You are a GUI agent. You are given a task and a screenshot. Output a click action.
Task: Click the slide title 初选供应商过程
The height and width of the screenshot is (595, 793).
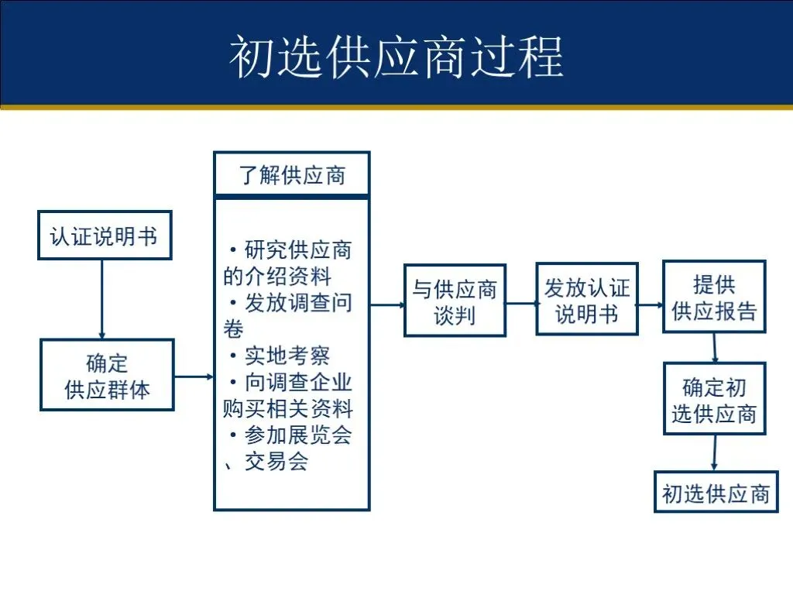(396, 55)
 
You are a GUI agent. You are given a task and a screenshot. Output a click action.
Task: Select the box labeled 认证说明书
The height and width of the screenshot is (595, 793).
(105, 235)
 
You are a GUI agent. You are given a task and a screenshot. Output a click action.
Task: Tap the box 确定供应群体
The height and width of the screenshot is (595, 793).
(107, 375)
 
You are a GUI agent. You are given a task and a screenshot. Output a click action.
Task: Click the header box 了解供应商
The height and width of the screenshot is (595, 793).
(292, 174)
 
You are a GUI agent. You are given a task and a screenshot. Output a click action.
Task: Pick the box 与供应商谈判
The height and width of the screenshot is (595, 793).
(455, 301)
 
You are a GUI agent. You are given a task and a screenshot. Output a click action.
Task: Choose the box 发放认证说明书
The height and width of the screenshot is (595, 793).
(587, 299)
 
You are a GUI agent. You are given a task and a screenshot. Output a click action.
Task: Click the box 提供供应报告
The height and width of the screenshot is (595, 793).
(714, 297)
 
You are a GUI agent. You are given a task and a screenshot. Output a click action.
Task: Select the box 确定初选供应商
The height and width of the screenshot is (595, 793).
(714, 398)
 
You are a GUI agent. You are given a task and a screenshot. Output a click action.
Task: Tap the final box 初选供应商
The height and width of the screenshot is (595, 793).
(714, 491)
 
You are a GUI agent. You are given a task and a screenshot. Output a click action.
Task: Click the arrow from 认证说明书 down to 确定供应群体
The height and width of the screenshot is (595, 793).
(101, 298)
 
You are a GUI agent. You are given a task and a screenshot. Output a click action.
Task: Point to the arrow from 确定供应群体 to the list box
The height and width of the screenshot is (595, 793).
(194, 377)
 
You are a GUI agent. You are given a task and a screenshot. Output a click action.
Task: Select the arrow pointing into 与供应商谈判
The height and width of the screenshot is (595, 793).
(387, 304)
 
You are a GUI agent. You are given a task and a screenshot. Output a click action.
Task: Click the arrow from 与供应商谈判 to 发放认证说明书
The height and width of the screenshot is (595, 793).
(521, 304)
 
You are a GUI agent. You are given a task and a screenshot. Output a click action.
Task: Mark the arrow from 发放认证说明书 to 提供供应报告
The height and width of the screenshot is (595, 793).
(651, 304)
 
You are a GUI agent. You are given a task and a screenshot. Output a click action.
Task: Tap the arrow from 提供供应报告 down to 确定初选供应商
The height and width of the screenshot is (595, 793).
(713, 348)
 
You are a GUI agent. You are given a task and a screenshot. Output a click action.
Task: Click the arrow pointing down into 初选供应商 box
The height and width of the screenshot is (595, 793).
(713, 452)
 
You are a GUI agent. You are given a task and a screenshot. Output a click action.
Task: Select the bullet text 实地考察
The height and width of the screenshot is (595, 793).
(287, 356)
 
